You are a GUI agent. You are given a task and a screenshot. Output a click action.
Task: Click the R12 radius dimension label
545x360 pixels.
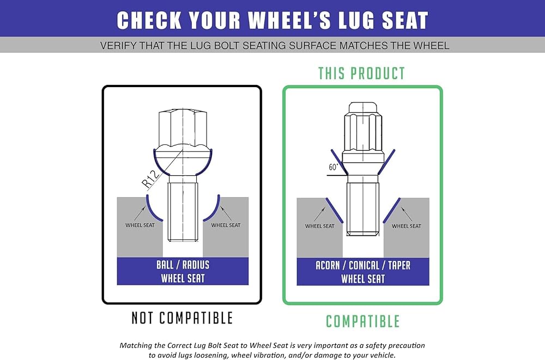pyautogui.click(x=152, y=179)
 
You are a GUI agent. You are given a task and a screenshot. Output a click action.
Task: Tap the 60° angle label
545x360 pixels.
pyautogui.click(x=334, y=167)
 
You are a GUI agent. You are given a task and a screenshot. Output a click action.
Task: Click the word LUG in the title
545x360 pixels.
pyautogui.click(x=356, y=20)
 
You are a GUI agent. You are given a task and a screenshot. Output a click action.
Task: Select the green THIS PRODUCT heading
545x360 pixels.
pyautogui.click(x=362, y=74)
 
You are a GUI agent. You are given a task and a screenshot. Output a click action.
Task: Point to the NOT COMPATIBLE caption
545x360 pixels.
pyautogui.click(x=182, y=318)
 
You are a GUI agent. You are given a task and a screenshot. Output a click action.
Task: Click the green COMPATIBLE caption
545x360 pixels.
pyautogui.click(x=362, y=321)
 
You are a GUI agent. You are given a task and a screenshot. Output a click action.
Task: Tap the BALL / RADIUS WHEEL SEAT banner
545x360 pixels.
pyautogui.click(x=183, y=271)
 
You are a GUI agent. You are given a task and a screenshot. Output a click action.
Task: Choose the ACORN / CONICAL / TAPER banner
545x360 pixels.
pyautogui.click(x=363, y=272)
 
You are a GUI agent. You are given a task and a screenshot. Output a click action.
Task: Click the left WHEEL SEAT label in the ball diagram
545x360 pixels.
pyautogui.click(x=140, y=225)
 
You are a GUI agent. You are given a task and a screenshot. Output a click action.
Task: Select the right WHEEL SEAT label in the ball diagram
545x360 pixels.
pyautogui.click(x=226, y=225)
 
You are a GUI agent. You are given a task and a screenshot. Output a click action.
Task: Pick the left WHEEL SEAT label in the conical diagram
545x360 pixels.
pyautogui.click(x=320, y=226)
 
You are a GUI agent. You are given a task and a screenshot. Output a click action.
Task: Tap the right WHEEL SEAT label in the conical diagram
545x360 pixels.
pyautogui.click(x=407, y=226)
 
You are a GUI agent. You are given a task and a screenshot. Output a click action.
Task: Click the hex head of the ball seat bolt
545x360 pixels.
pyautogui.click(x=183, y=128)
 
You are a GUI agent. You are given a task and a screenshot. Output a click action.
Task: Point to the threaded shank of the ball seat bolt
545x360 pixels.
pyautogui.click(x=183, y=212)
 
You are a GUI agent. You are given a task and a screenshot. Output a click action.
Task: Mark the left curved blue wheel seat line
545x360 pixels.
pyautogui.click(x=154, y=209)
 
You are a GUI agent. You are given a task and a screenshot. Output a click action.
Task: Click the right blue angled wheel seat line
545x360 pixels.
pyautogui.click(x=392, y=210)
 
